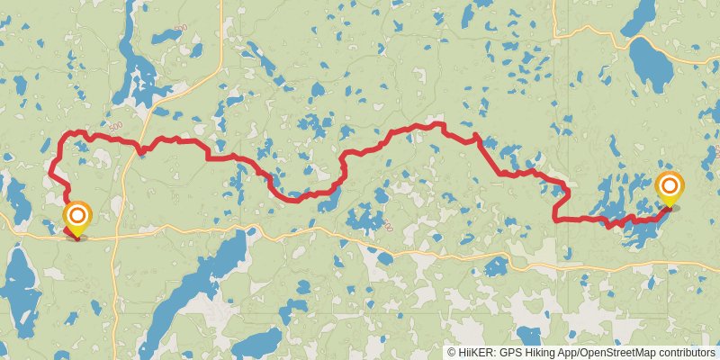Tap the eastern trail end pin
[670, 186]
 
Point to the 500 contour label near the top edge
[180, 29]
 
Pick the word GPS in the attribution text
[509, 353]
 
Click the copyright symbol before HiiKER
[452, 353]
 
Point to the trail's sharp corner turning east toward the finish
[554, 219]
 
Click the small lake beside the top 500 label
[166, 37]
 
